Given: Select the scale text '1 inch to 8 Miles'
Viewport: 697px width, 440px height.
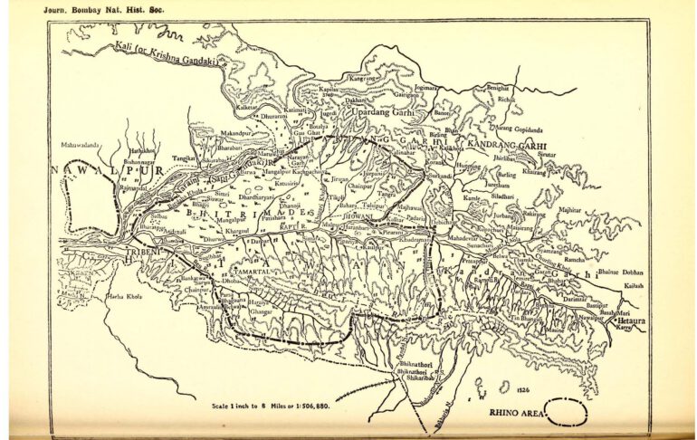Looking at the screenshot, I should pyautogui.click(x=271, y=406).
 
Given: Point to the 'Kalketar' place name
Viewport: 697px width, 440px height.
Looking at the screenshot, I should pyautogui.click(x=247, y=107).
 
